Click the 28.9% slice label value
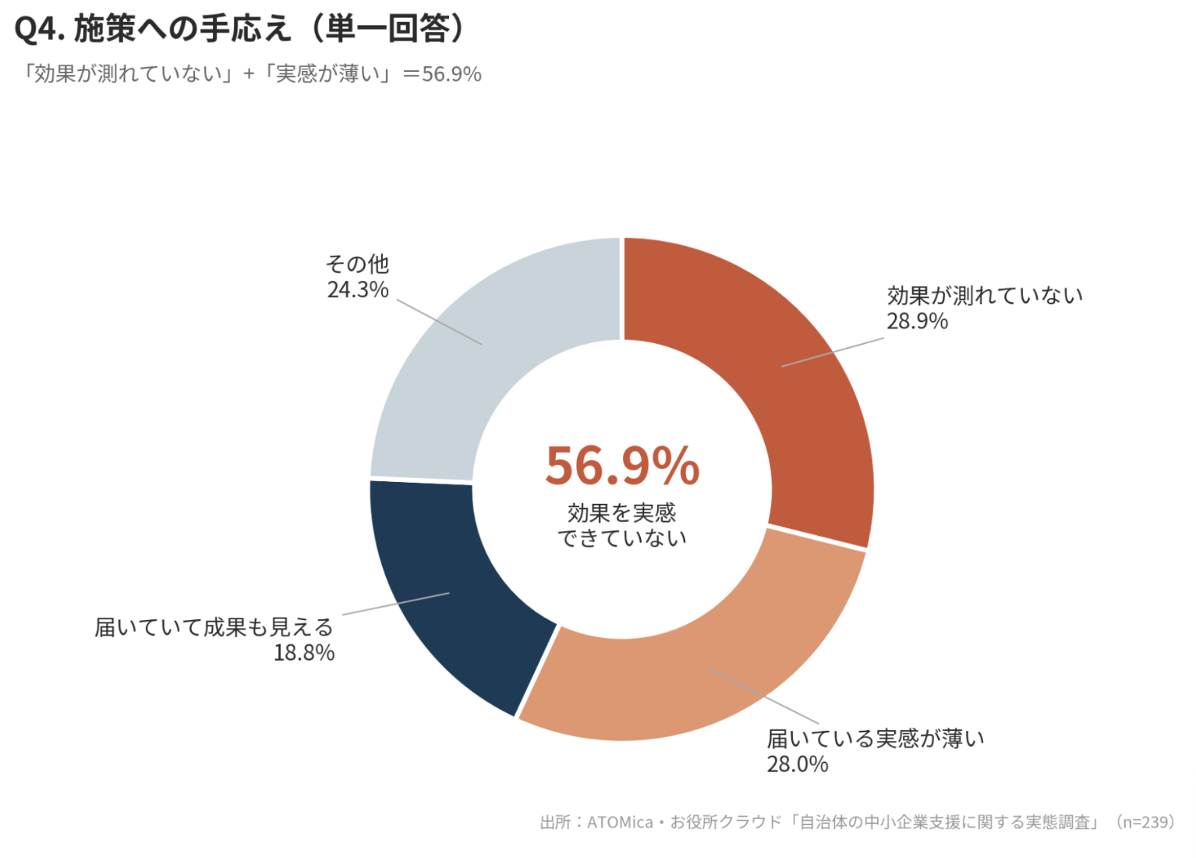[x=918, y=321]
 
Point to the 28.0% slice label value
[x=797, y=764]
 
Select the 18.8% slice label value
[x=304, y=653]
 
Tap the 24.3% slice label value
[x=358, y=289]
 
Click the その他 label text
[x=358, y=264]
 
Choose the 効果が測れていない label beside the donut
[x=985, y=296]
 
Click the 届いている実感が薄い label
[x=876, y=739]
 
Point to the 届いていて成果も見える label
[x=214, y=627]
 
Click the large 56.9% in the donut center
[x=623, y=466]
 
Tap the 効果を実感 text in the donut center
[x=622, y=513]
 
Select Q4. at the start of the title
[x=40, y=29]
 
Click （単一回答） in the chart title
[x=389, y=28]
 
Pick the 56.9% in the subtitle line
[x=451, y=74]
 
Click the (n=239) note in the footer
[x=1146, y=821]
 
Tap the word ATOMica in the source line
[x=620, y=822]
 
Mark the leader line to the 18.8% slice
[x=395, y=604]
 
